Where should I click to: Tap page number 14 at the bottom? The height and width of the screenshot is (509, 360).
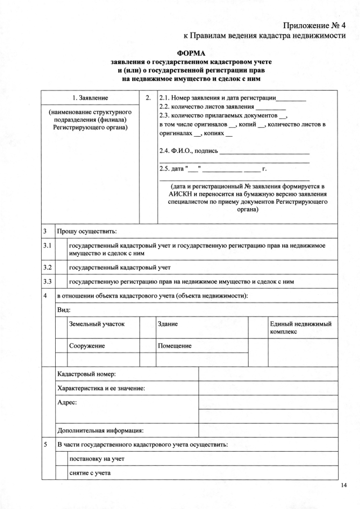pos(344,485)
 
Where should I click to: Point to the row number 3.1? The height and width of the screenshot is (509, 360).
pos(48,246)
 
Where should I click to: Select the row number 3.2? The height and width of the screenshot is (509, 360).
pos(48,267)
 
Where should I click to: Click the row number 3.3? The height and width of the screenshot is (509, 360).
pos(48,281)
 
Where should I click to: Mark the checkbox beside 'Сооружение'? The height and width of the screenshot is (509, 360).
pos(60,346)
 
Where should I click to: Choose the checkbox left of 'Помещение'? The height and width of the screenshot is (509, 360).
pos(147,346)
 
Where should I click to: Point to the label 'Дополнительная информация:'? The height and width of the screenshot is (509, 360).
pos(101,431)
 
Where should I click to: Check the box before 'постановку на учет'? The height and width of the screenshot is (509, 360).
pos(60,459)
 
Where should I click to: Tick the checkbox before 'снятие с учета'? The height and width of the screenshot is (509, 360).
pos(60,473)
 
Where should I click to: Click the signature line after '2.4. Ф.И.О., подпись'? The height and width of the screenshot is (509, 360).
pos(264,152)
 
